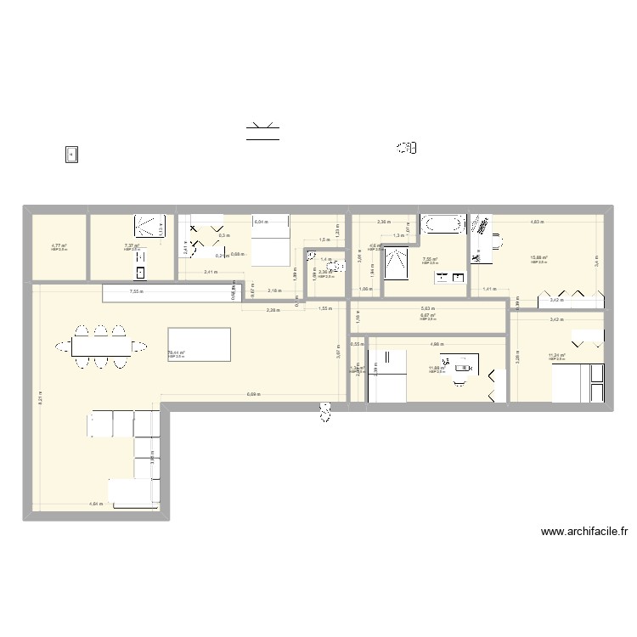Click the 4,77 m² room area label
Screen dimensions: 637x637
pos(59,247)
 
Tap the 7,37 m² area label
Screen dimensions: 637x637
pos(131,247)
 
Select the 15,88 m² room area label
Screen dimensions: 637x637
pos(538,259)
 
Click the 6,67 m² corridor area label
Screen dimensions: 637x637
pos(427,316)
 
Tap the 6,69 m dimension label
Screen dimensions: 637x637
pos(254,394)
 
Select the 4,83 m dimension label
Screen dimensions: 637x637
pos(537,222)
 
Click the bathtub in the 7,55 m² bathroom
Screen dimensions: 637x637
pos(442,224)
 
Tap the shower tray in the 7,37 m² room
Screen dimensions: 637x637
pos(149,225)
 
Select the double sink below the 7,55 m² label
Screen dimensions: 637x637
pos(451,277)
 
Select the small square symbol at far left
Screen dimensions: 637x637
pos(72,154)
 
